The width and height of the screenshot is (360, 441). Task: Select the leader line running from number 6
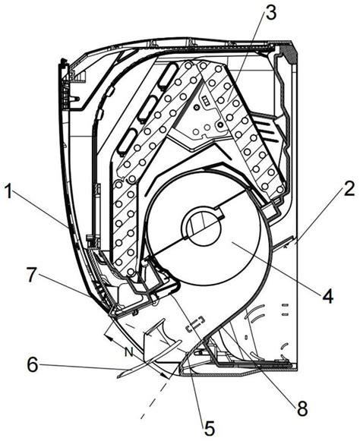point(84,369)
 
